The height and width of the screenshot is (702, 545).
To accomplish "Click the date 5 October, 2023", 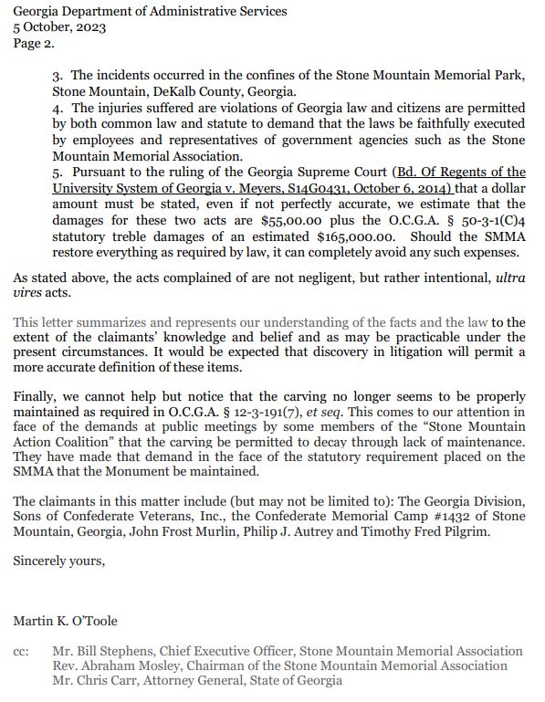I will pos(59,26).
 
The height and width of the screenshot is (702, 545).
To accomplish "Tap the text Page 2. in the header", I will pos(34,42).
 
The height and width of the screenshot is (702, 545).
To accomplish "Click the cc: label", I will pos(22,652).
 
